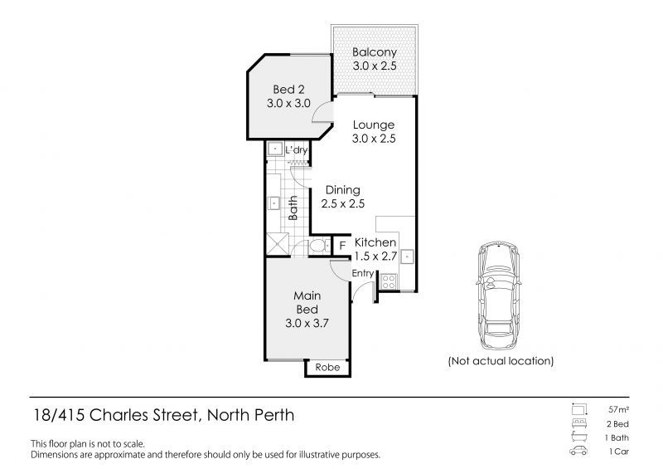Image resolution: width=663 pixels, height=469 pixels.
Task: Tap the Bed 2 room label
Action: coord(288,90)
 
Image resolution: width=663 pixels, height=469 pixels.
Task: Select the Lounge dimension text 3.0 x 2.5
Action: coord(373,139)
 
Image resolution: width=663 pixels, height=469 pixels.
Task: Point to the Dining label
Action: coord(341,190)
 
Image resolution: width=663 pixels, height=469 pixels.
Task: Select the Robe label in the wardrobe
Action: coord(327,367)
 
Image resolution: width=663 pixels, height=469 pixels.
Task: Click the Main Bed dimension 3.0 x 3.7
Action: coord(307,324)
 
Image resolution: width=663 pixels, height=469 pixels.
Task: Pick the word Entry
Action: coord(363,273)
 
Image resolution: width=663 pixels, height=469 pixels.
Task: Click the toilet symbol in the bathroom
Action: coord(317,247)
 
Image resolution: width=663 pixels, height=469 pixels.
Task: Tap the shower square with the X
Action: coord(275,246)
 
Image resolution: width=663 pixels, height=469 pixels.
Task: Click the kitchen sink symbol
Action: coord(406,256)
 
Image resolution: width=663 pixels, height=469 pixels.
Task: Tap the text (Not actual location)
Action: coord(501,361)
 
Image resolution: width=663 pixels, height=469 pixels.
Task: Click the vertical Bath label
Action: coord(293,207)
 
